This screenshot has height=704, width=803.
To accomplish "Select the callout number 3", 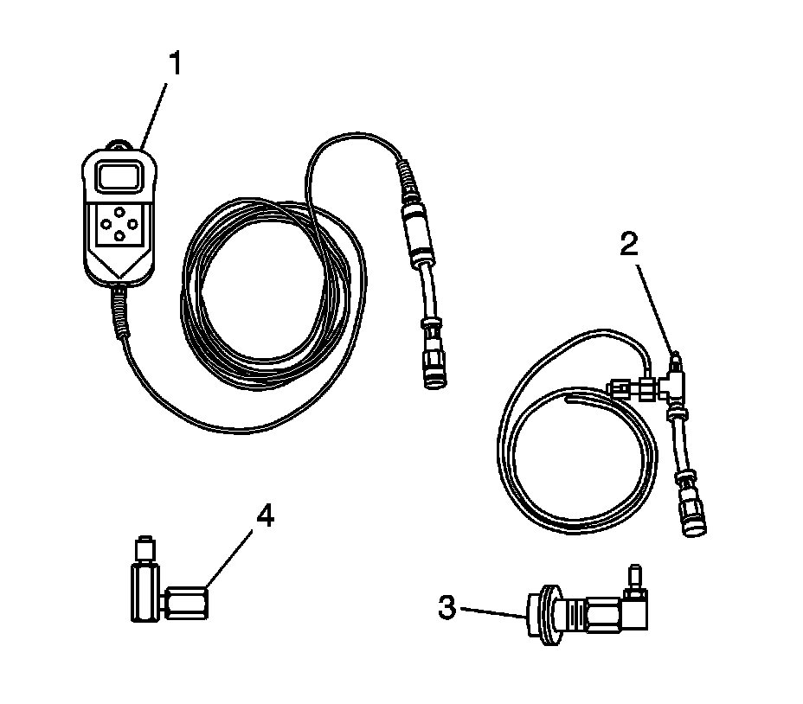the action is pyautogui.click(x=447, y=608).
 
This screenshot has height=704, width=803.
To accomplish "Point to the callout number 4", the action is pyautogui.click(x=265, y=516).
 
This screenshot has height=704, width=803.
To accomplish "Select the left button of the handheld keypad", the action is pyautogui.click(x=106, y=223).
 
